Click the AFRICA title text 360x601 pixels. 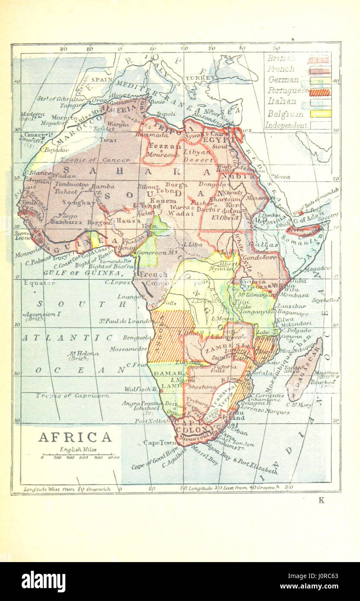(75, 437)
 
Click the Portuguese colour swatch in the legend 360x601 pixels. (319, 92)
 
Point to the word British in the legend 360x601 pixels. (281, 58)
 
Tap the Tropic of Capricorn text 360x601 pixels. (72, 395)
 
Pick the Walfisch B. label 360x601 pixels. (141, 389)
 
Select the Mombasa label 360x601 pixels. (295, 295)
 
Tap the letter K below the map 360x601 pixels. (321, 501)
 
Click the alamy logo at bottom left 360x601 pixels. (44, 582)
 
